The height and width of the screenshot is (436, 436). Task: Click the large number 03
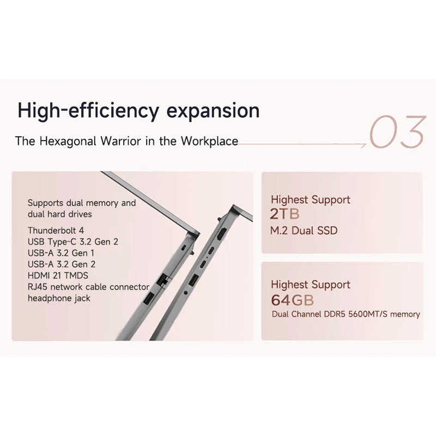[x=398, y=131]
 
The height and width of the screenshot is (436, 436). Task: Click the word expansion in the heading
[x=213, y=111]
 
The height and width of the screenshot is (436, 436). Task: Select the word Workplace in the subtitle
[x=210, y=141]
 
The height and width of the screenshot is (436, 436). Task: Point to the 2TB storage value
[x=284, y=214]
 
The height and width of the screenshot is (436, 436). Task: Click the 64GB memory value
[x=293, y=300]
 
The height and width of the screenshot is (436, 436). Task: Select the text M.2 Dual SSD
[x=304, y=231]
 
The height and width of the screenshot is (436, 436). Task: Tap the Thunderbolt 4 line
[x=56, y=231]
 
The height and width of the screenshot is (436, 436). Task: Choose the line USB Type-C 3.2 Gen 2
[x=73, y=241]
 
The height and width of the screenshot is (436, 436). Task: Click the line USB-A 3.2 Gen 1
[x=61, y=253]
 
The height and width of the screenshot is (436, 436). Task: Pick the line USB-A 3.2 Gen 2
[x=62, y=264]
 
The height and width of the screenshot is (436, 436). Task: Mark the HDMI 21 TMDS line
[x=58, y=276]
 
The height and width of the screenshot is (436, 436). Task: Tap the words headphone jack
[x=59, y=298]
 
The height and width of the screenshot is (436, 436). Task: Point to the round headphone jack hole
[x=186, y=292]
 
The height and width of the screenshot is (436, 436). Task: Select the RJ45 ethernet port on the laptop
[x=163, y=280]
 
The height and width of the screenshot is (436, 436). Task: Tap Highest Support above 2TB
[x=311, y=199]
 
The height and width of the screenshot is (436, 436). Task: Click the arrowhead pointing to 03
[x=364, y=144]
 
